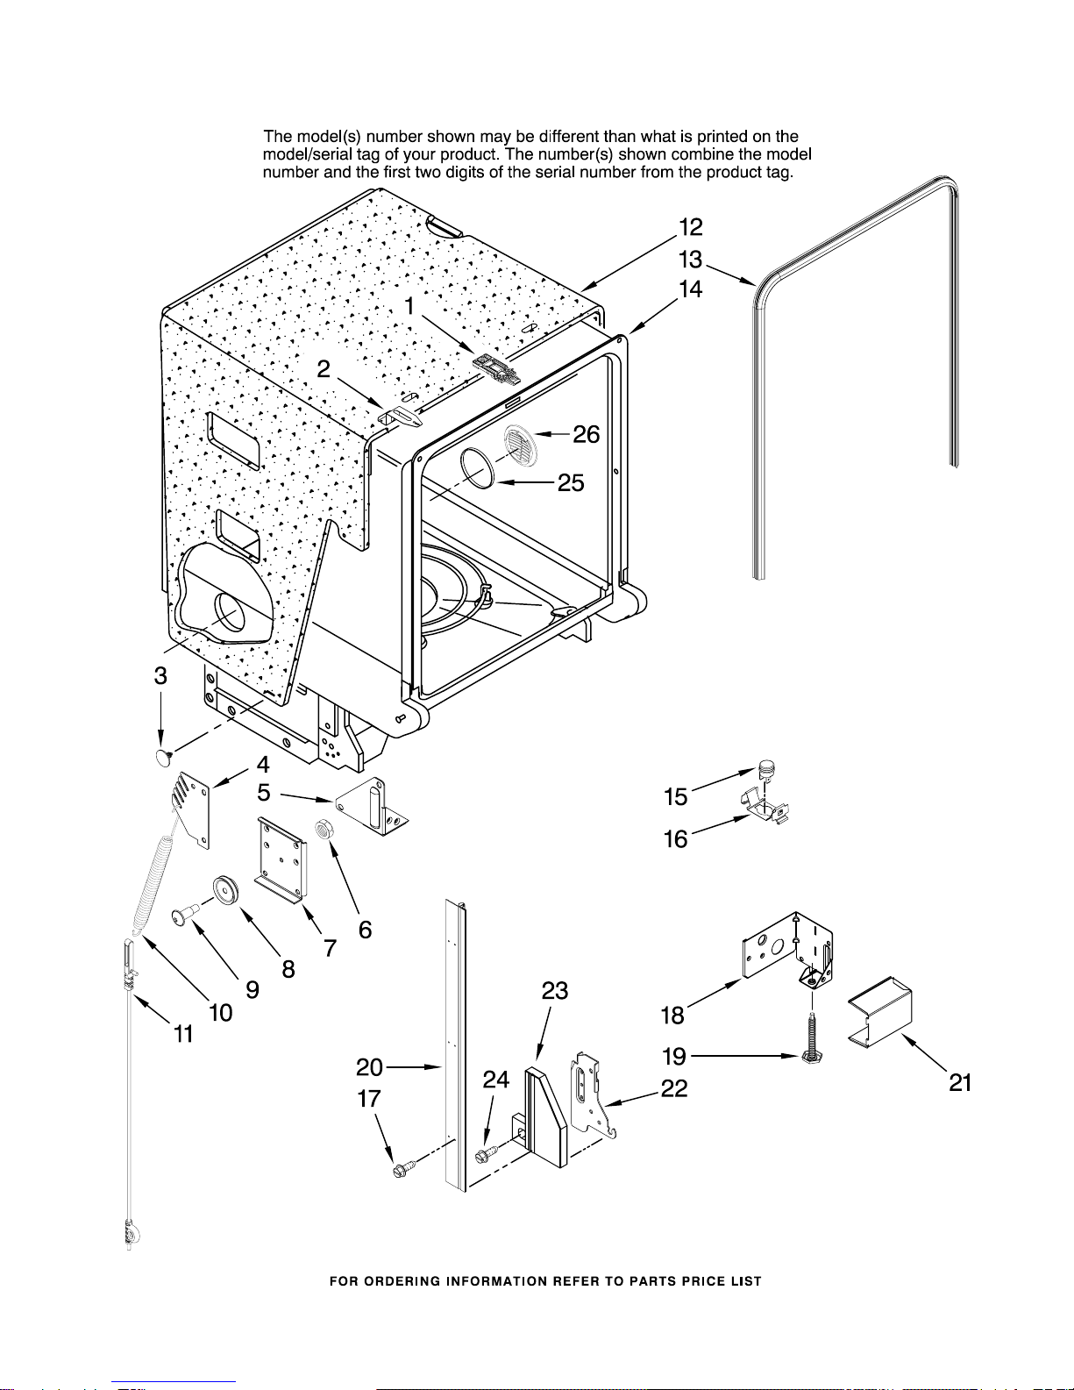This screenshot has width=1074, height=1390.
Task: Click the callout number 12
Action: [691, 227]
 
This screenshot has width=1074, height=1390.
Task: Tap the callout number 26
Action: [586, 434]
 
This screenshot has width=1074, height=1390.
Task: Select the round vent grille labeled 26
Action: [521, 446]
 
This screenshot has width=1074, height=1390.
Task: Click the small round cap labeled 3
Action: [165, 758]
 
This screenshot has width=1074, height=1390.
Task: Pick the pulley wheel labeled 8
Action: [225, 889]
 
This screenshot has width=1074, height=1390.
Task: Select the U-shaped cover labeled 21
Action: [879, 1013]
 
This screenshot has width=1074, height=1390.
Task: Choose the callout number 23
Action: [555, 991]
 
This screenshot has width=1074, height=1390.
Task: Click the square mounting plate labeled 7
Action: [281, 859]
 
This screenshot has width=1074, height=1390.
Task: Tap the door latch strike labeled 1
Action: [497, 370]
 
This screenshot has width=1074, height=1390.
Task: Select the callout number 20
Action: [369, 1067]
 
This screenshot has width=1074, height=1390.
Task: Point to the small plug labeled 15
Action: [766, 769]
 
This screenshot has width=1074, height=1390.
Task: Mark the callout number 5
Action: [264, 793]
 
